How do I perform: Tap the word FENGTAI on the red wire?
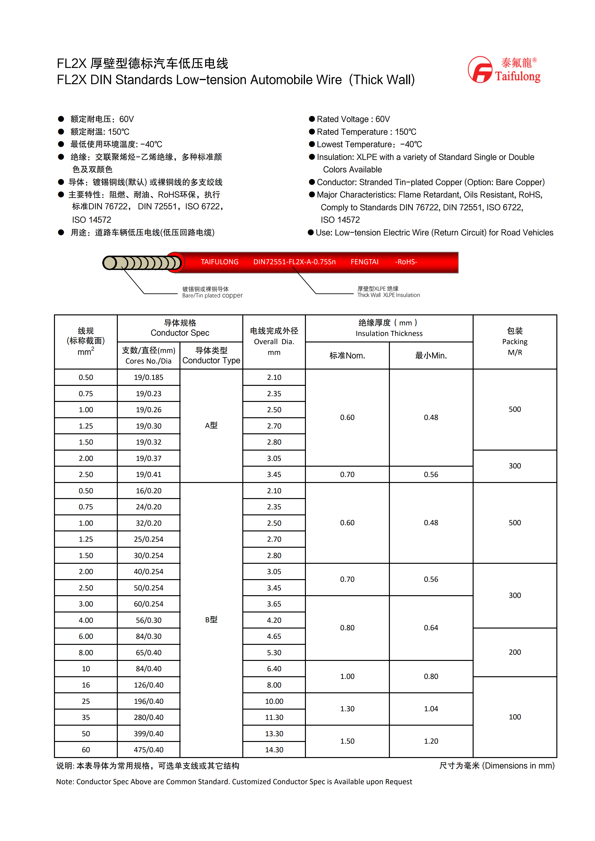(x=364, y=262)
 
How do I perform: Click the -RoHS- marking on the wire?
(x=406, y=262)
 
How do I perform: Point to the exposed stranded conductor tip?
(x=141, y=263)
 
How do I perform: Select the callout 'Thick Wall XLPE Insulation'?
(x=388, y=292)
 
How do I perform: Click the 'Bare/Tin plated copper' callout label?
(x=212, y=292)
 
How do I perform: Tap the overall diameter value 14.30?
(x=274, y=750)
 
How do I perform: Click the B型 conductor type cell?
(x=211, y=619)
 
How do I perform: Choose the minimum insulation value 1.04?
(x=431, y=709)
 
